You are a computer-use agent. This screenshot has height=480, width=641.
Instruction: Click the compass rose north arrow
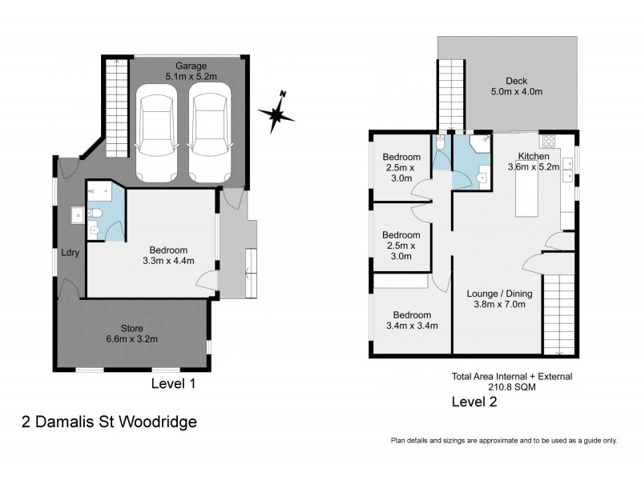(276, 113)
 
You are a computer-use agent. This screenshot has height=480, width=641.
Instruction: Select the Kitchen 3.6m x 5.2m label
(534, 162)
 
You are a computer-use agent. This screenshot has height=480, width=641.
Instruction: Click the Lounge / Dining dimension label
(499, 299)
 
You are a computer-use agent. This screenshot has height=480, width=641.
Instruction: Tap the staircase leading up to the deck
(450, 97)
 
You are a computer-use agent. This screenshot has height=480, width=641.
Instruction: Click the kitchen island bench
(527, 196)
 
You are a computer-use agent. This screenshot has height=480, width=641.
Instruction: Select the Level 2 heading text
(474, 402)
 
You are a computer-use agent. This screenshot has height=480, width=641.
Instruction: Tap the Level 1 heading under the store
(174, 384)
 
